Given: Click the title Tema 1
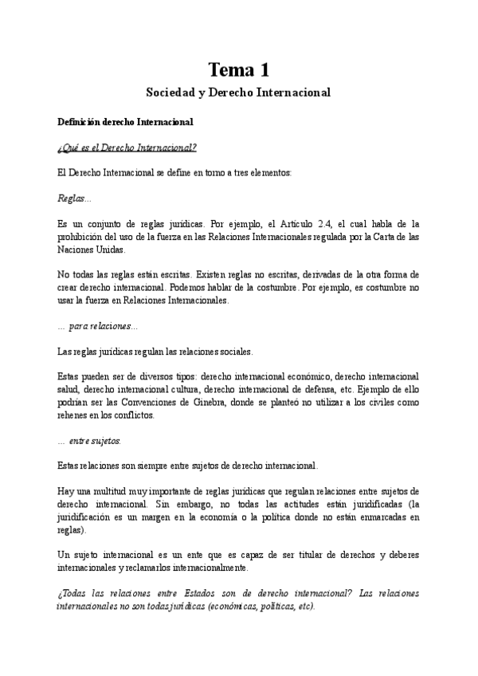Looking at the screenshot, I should point(238,69).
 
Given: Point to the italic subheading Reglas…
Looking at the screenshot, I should point(75,198).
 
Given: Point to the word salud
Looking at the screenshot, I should point(72,389).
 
